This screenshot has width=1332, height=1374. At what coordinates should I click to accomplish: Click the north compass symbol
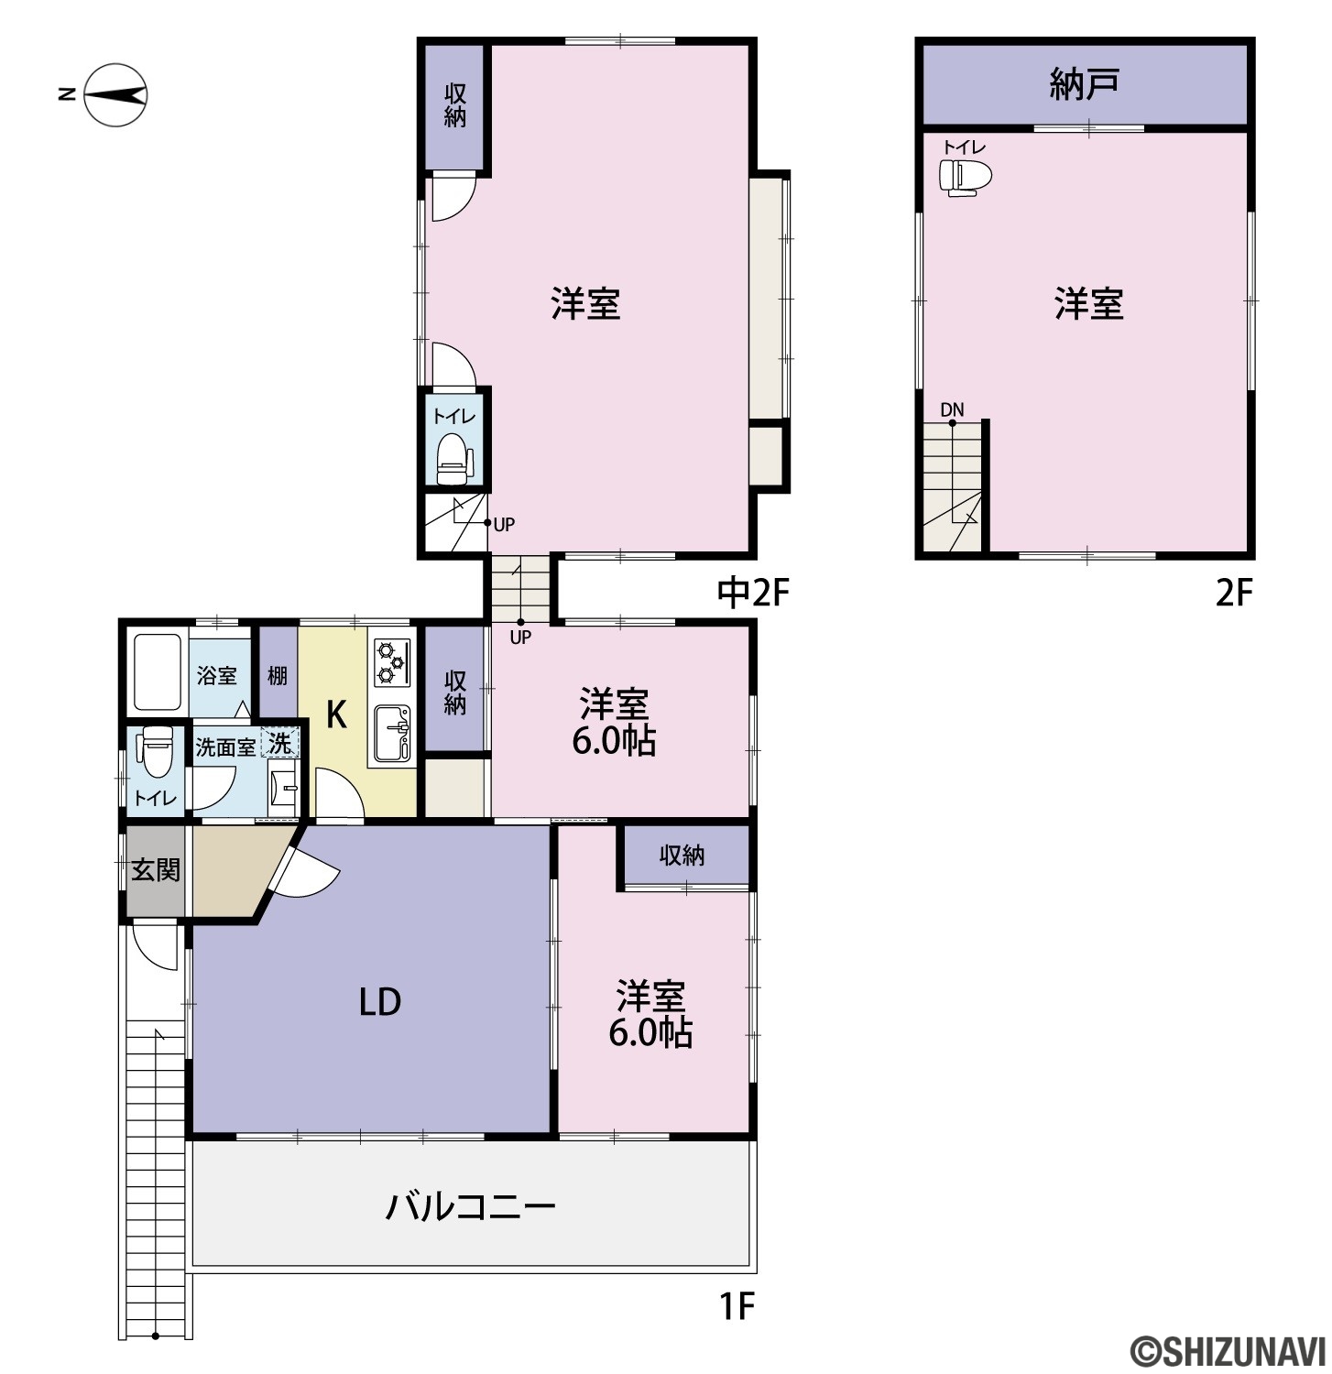tap(107, 94)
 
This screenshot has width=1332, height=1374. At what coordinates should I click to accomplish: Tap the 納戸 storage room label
tap(1084, 84)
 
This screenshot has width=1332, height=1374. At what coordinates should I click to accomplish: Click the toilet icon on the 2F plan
tap(966, 177)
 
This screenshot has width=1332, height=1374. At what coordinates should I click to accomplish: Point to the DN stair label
tap(952, 409)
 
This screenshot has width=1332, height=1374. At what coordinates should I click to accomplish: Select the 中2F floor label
tap(753, 594)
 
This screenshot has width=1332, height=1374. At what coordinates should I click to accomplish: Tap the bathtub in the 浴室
tap(158, 672)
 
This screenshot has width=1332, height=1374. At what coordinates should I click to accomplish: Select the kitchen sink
tap(393, 733)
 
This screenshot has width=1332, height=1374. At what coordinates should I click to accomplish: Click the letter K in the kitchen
tap(336, 714)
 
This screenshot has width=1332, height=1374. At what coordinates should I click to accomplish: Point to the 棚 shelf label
tap(278, 675)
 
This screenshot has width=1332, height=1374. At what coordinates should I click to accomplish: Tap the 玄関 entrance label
tap(156, 869)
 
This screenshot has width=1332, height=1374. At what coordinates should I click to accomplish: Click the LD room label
tap(379, 1002)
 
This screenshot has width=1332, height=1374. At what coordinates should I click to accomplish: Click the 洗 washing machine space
tap(280, 743)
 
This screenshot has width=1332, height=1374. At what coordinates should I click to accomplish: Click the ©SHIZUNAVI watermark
tap(1228, 1350)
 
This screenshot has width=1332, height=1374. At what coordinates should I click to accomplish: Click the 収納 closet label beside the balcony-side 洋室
tap(682, 855)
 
